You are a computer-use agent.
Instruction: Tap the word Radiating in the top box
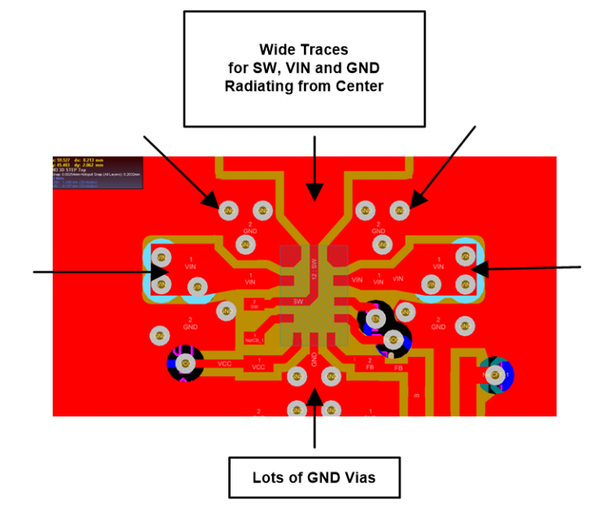pos(259,87)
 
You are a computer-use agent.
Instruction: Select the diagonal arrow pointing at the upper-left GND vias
pos(180,171)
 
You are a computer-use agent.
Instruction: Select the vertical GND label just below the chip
pos(314,358)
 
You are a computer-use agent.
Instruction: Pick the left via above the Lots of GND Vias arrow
pos(297,377)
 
